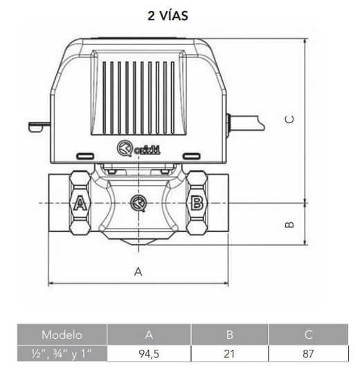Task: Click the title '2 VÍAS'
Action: click(x=168, y=15)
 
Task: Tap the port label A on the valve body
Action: click(x=79, y=204)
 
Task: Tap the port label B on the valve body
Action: click(x=197, y=203)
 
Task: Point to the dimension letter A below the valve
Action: click(x=138, y=271)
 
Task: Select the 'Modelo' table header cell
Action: click(x=62, y=335)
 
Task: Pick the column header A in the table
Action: click(x=148, y=335)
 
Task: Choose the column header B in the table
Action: click(x=229, y=335)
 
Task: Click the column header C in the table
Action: click(x=308, y=335)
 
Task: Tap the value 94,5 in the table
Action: click(x=148, y=353)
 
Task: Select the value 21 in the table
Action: click(x=229, y=353)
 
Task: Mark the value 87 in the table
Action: click(x=308, y=353)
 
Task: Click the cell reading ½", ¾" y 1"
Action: click(x=62, y=353)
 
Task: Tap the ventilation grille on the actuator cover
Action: click(x=138, y=96)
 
